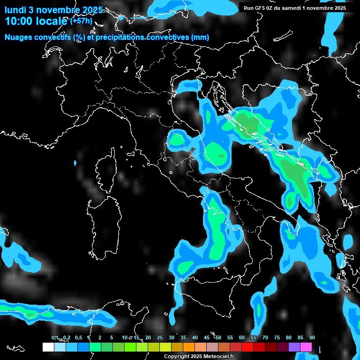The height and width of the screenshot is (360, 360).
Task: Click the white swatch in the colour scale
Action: (48, 347)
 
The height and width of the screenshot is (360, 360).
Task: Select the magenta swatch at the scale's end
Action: (306, 347)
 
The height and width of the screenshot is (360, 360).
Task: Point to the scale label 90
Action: (312, 337)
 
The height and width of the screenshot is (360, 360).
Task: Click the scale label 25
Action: (160, 337)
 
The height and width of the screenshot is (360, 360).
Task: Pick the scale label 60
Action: (242, 337)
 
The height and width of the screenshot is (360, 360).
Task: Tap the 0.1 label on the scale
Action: (55, 337)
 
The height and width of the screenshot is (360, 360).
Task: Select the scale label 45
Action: (207, 337)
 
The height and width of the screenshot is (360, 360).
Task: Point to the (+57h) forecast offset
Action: (81, 21)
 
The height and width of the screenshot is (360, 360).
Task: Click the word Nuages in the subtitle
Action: (17, 37)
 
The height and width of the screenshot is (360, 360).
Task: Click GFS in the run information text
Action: (261, 8)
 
